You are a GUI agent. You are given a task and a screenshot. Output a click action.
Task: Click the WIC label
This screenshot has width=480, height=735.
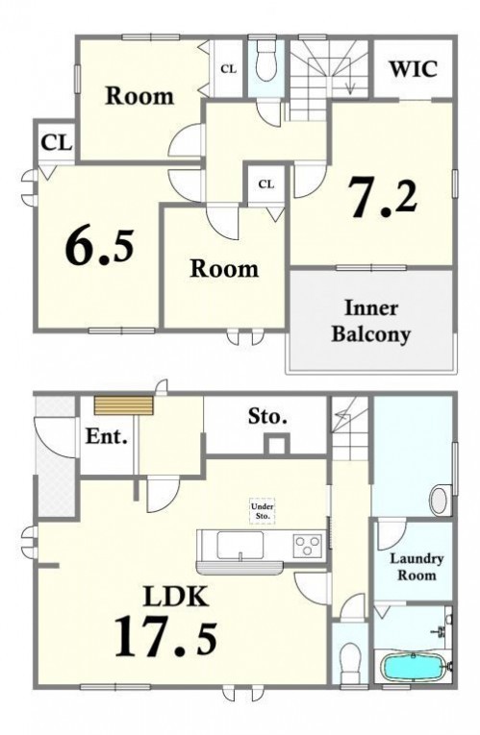click(414, 69)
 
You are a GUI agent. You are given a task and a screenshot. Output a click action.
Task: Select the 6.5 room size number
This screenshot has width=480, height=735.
click(99, 247)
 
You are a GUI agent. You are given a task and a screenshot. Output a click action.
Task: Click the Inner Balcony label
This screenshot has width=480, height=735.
click(371, 321)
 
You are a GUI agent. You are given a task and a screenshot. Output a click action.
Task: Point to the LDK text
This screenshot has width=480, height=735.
click(175, 597)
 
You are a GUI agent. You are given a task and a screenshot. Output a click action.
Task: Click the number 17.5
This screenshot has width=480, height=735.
click(165, 636)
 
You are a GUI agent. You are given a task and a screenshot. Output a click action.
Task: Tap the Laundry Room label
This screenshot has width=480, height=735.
click(417, 566)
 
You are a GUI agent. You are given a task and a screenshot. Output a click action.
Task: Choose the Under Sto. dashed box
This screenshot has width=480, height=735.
click(263, 510)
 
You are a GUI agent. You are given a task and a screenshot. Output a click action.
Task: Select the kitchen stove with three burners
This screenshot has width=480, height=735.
click(308, 545)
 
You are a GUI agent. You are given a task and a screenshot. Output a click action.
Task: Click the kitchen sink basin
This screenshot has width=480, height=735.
click(240, 545)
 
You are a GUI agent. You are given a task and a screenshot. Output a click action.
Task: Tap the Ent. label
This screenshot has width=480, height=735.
click(107, 437)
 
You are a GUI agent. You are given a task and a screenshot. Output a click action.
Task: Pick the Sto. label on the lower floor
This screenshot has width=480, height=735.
click(267, 416)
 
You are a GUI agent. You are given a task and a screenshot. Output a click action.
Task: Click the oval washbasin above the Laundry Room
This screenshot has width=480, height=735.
click(440, 500)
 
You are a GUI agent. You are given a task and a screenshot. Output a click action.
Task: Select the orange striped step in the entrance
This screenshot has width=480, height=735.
click(124, 406)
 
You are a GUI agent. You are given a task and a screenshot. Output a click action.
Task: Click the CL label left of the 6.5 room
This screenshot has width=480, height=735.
click(58, 142)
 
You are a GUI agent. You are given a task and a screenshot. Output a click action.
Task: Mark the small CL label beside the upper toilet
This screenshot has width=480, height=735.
click(229, 69)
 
